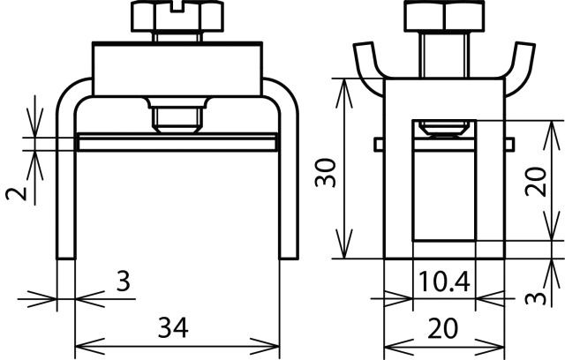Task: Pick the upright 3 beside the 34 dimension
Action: tap(124, 282)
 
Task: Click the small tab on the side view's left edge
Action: tap(379, 144)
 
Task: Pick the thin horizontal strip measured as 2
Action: tap(177, 141)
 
